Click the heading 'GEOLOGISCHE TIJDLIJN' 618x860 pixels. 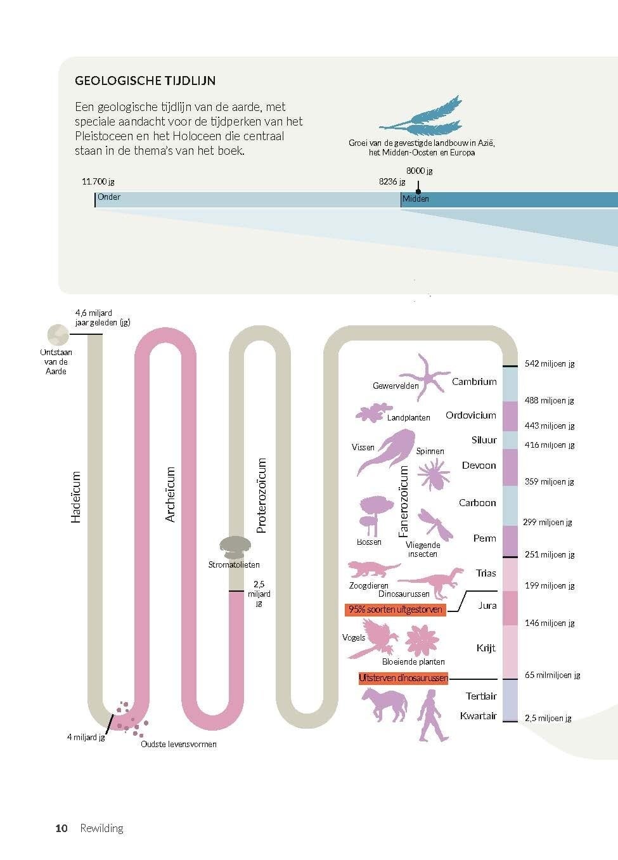(145, 81)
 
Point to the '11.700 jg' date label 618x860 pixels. (98, 181)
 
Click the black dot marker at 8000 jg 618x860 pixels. (418, 191)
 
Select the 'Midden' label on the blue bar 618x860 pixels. (415, 199)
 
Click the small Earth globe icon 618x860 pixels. (58, 335)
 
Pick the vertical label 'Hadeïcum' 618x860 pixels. (76, 497)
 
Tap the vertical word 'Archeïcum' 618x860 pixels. (170, 494)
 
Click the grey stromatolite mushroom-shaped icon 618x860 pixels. (235, 547)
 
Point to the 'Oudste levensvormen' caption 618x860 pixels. (179, 744)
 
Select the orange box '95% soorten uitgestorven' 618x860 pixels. (395, 609)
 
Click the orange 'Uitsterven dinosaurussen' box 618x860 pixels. (403, 678)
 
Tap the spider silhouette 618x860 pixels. (434, 475)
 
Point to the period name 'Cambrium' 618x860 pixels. (474, 382)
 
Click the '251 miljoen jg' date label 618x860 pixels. (550, 554)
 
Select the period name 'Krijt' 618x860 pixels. (486, 648)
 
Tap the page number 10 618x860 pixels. (61, 828)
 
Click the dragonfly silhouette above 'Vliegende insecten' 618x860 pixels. (435, 524)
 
